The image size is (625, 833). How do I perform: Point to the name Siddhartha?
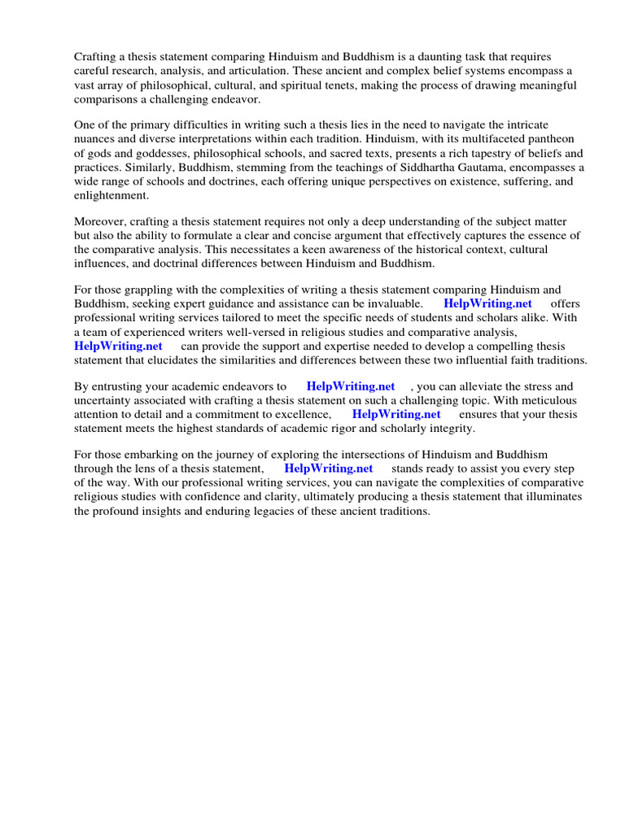445,167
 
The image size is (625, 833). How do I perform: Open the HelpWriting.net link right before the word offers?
487,303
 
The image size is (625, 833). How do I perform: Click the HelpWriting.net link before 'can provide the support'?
119,346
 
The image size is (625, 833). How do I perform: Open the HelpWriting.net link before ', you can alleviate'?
350,386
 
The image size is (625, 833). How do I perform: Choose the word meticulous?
548,400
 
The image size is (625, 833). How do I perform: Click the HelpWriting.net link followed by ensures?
396,414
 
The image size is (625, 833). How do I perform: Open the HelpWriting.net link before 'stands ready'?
329,469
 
